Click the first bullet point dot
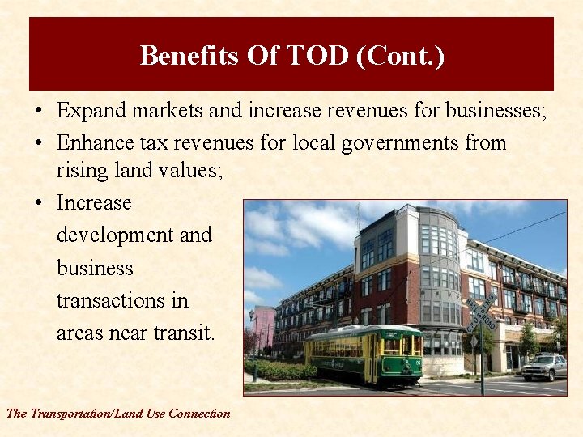coord(39,111)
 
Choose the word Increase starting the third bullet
coord(94,202)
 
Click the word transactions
coord(121,300)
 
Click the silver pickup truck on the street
coord(544,367)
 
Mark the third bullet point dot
coord(39,203)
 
